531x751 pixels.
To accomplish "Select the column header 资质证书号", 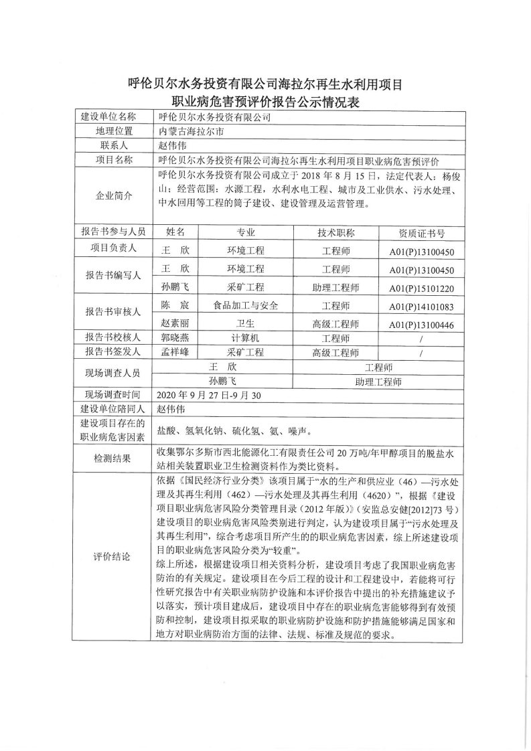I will pyautogui.click(x=421, y=233).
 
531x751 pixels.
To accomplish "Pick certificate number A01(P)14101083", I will pyautogui.click(x=422, y=307).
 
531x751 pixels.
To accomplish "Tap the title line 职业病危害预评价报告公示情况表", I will pyautogui.click(x=264, y=102).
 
